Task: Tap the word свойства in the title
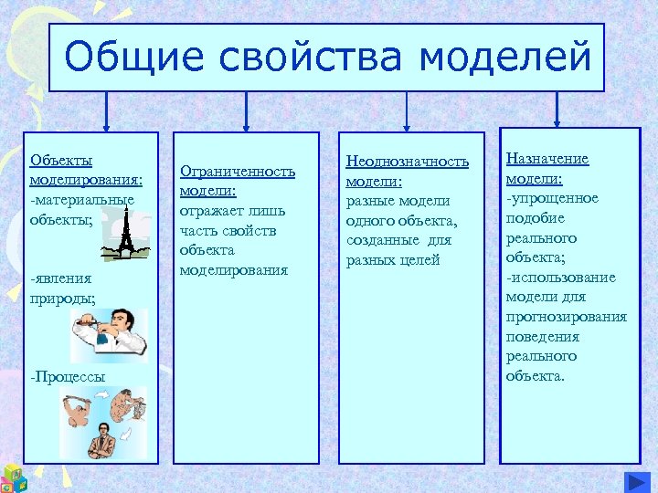[312, 58]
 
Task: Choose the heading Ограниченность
[238, 171]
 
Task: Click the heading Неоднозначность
[407, 162]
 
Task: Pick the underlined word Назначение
[547, 159]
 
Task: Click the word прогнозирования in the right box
[566, 317]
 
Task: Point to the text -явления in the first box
[57, 278]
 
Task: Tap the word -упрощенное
[552, 198]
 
